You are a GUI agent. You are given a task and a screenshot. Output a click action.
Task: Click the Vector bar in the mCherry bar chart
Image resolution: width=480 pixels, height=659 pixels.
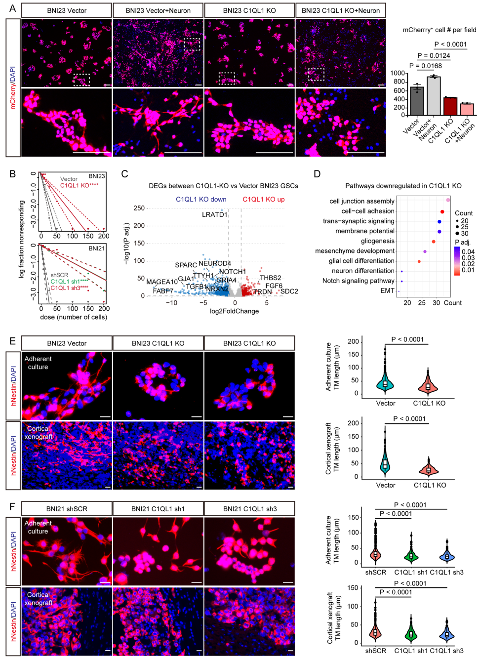(x=417, y=101)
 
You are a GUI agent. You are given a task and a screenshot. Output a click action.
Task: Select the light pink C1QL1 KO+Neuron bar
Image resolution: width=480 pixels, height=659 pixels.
(x=467, y=109)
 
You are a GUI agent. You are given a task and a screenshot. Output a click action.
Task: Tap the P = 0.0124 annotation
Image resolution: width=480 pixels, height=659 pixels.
(x=434, y=56)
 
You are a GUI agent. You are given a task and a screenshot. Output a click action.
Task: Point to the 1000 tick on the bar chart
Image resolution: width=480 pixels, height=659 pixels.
(x=398, y=74)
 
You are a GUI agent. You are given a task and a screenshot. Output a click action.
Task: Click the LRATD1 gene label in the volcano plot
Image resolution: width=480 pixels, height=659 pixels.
(x=214, y=214)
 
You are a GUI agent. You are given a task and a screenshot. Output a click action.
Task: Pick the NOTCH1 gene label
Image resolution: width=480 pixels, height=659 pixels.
(x=232, y=272)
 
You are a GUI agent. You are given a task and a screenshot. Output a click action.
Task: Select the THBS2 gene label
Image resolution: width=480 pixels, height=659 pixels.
(x=270, y=278)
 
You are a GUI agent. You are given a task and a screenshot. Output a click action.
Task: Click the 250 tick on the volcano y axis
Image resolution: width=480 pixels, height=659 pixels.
(x=139, y=208)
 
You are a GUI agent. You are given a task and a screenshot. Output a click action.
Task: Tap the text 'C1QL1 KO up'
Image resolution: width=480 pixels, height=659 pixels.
(x=263, y=200)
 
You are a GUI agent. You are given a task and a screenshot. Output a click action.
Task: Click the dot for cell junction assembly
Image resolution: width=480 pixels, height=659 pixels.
(x=448, y=200)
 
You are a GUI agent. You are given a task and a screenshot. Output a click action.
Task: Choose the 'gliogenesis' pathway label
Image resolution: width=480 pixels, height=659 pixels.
(x=377, y=241)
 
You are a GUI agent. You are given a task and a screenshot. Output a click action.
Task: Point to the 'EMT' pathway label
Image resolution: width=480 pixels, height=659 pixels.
(x=387, y=290)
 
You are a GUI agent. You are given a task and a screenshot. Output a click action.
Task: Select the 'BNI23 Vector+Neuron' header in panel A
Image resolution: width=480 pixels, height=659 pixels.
(x=158, y=10)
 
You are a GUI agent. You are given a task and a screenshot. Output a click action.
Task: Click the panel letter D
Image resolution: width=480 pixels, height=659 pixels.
(x=317, y=174)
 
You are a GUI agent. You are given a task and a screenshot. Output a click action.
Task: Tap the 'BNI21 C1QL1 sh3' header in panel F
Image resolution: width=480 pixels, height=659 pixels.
(x=249, y=509)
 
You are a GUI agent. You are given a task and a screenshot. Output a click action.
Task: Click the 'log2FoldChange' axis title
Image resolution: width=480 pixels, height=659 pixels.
(x=234, y=311)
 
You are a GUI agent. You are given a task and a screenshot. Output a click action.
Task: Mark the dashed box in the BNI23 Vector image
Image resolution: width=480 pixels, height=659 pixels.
(x=81, y=80)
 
